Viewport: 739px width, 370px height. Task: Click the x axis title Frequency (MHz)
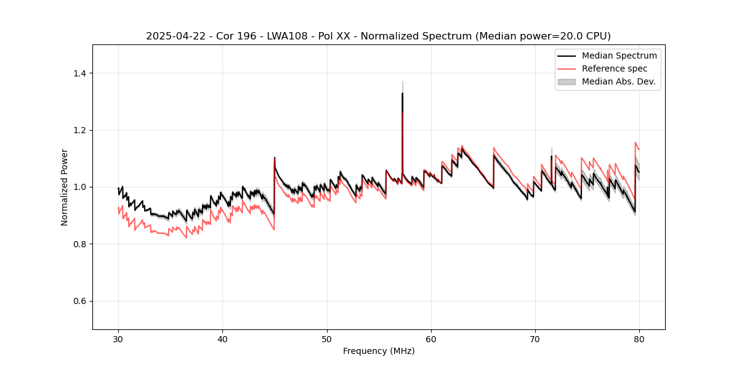click(379, 351)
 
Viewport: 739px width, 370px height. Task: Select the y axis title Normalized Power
click(65, 187)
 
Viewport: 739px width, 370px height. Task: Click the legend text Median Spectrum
click(619, 55)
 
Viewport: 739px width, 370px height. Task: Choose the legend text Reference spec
click(615, 68)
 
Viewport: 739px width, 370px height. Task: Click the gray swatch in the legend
click(567, 81)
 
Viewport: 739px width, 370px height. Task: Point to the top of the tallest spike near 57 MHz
click(402, 81)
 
